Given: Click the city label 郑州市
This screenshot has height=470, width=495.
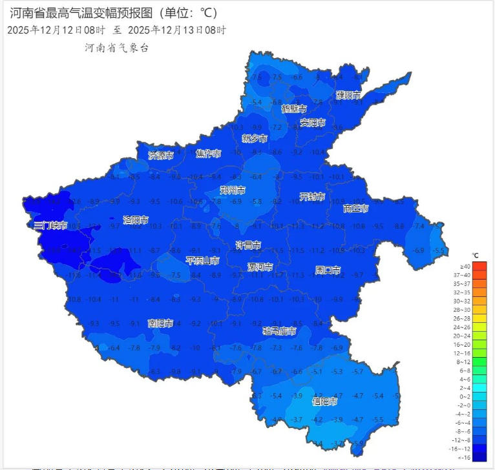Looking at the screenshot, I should click(x=233, y=190).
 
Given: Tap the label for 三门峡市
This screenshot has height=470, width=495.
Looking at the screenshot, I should click(x=50, y=225).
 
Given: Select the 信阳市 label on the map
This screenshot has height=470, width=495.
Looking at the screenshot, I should click(x=324, y=401).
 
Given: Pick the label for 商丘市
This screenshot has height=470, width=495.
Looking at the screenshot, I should click(x=355, y=209).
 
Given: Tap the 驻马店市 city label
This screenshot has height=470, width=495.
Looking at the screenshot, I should click(x=279, y=331).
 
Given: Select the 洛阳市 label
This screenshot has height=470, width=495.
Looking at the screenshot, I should click(x=136, y=220).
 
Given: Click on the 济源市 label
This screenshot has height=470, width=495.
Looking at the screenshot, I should click(x=161, y=155).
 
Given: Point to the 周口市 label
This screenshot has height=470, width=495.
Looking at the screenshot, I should click(x=328, y=270).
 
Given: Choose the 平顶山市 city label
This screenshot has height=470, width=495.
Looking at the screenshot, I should click(x=202, y=261).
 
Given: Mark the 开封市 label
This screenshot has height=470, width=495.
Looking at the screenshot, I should click(x=311, y=196).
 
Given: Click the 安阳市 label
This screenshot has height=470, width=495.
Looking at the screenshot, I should click(x=313, y=123).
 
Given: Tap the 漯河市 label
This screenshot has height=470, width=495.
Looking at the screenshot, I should click(x=260, y=267).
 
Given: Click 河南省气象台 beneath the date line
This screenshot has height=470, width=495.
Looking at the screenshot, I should click(x=116, y=48).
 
